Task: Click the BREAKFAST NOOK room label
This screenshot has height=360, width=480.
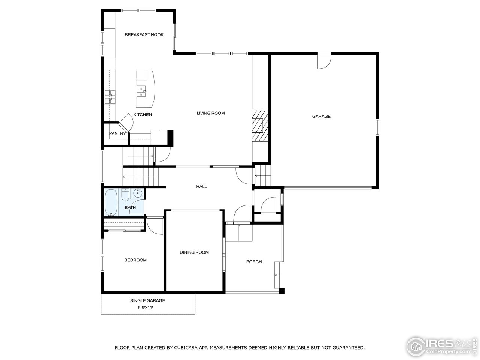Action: pyautogui.click(x=144, y=35)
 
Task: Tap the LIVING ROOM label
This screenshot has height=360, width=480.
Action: pyautogui.click(x=211, y=113)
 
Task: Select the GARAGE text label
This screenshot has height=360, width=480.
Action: pyautogui.click(x=321, y=117)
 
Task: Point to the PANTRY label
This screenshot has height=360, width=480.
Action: pyautogui.click(x=117, y=133)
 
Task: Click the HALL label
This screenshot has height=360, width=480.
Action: pyautogui.click(x=202, y=187)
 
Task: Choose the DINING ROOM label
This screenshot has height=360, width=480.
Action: pyautogui.click(x=194, y=252)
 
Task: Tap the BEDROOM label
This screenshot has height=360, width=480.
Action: pyautogui.click(x=135, y=260)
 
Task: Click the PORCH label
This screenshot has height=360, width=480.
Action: pyautogui.click(x=254, y=262)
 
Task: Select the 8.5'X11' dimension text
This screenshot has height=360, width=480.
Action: pyautogui.click(x=147, y=308)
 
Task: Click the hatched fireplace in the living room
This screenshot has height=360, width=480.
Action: pyautogui.click(x=260, y=125)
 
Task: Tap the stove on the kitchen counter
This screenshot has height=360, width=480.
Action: pyautogui.click(x=110, y=97)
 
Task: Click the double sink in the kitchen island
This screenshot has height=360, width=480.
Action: pyautogui.click(x=141, y=91)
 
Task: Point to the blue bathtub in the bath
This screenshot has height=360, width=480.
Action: pyautogui.click(x=111, y=203)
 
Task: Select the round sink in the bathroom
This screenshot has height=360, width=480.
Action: pyautogui.click(x=137, y=193)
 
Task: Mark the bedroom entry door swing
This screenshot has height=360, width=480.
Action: pyautogui.click(x=154, y=225)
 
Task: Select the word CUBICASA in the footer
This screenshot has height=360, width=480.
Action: pyautogui.click(x=186, y=348)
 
